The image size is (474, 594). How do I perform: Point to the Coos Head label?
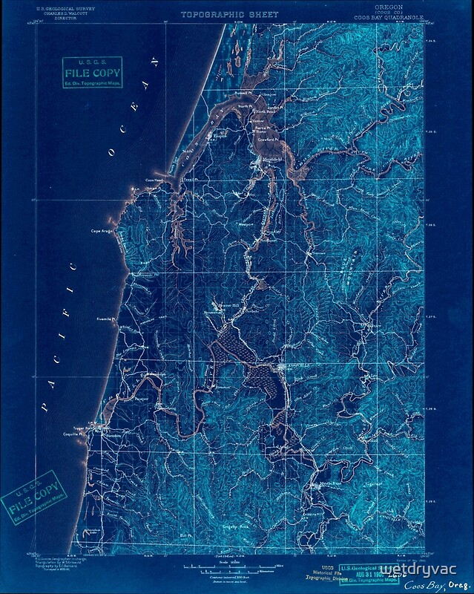click(x=153, y=180)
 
